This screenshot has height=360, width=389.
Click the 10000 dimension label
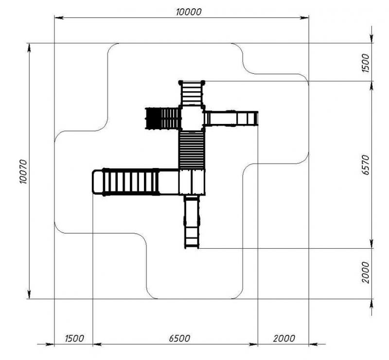(189, 12)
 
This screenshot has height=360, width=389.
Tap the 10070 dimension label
(23, 171)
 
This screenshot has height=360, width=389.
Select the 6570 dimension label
(366, 165)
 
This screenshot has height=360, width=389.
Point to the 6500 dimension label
(179, 338)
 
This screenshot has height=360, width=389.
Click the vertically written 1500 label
(366, 63)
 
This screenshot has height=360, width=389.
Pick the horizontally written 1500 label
(74, 338)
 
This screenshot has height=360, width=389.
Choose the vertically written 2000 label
(366, 272)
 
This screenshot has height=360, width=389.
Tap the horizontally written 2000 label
(284, 338)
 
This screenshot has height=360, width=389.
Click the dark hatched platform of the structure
(153, 118)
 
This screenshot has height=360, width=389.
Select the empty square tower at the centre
(192, 118)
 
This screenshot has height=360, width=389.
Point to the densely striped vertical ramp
(192, 150)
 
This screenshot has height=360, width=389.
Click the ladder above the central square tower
(192, 93)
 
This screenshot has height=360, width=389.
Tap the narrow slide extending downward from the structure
(192, 222)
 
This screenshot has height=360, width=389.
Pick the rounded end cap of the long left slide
(97, 182)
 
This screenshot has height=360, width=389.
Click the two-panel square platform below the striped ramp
(192, 182)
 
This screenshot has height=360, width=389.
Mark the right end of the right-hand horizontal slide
(258, 119)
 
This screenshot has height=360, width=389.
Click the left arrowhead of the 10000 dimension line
(59, 17)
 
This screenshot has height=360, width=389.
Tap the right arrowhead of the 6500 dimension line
(253, 344)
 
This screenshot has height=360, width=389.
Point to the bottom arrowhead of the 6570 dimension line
(371, 244)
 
